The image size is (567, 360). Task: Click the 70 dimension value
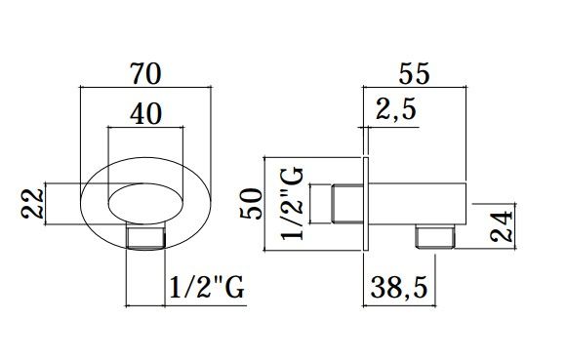pyautogui.click(x=145, y=74)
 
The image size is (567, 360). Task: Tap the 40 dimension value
pyautogui.click(x=145, y=113)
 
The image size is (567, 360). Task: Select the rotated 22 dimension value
pyautogui.click(x=32, y=204)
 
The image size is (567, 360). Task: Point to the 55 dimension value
pyautogui.click(x=415, y=73)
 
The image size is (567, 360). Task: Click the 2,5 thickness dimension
pyautogui.click(x=396, y=109)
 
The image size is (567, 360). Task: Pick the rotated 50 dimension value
pyautogui.click(x=250, y=204)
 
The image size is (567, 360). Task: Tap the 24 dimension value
pyautogui.click(x=502, y=226)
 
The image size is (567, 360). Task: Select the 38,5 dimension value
pyautogui.click(x=399, y=288)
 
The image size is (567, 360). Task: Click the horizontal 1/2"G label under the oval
pyautogui.click(x=207, y=287)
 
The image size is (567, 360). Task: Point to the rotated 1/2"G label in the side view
pyautogui.click(x=292, y=204)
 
